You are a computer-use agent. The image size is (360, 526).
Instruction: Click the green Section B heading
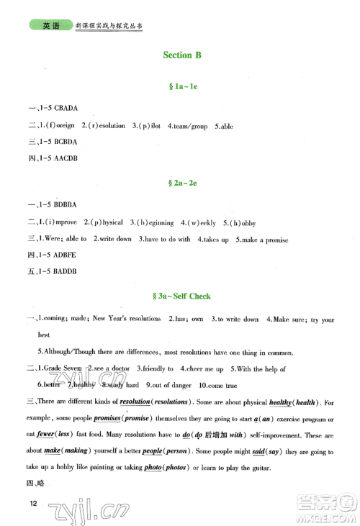click(x=178, y=55)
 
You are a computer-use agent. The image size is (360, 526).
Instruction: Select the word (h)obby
click(x=243, y=222)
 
